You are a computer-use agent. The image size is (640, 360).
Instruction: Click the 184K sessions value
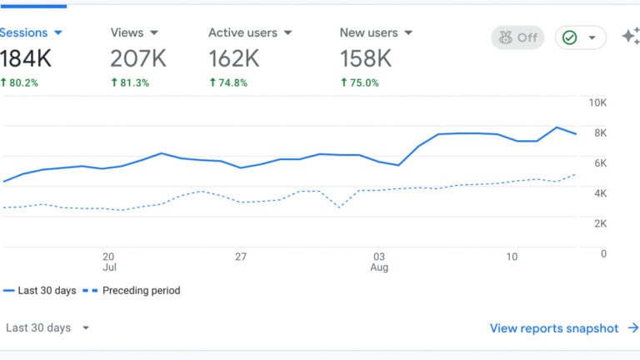point(27,57)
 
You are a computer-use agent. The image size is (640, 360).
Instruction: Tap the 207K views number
point(137,57)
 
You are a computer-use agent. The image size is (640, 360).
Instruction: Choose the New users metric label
point(368,32)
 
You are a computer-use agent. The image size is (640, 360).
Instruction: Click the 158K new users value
point(365,57)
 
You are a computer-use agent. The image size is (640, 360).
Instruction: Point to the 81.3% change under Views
point(130,82)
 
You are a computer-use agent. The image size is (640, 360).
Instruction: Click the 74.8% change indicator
point(228,82)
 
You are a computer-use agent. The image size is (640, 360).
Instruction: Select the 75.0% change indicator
point(360,82)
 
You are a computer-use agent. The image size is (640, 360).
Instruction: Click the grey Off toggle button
point(517,37)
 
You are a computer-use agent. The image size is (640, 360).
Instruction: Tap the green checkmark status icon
point(570,37)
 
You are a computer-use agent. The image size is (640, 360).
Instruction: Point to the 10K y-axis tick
point(597,102)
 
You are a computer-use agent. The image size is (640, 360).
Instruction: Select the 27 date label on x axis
point(241,257)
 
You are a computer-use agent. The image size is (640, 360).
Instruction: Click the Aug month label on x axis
point(379,268)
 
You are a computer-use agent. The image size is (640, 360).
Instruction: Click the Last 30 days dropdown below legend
point(47,328)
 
